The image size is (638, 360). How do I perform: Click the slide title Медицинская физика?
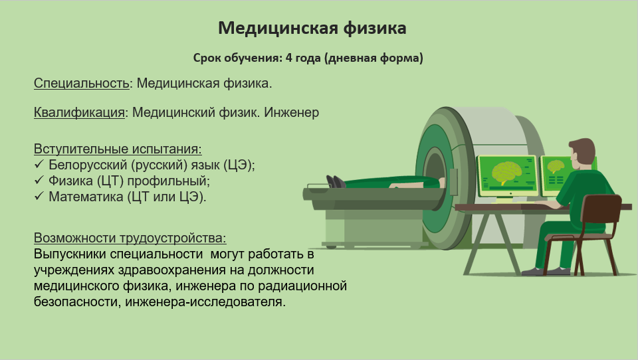coord(312,28)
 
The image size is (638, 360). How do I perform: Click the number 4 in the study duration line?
coord(289,58)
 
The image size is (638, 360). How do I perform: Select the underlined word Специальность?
coord(81,83)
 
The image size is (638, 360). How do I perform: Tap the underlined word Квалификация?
coord(79,112)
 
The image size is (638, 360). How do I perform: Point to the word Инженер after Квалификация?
coord(291,112)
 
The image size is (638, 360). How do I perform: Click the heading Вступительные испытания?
coord(118,149)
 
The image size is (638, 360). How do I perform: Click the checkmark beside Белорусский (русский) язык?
coord(39,164)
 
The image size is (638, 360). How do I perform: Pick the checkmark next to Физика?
coord(39,180)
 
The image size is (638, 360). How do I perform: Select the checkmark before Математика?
coord(39,196)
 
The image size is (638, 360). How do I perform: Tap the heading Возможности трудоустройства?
coord(130,238)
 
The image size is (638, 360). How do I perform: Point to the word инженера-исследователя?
coord(205,302)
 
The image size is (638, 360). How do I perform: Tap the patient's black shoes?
coord(336,181)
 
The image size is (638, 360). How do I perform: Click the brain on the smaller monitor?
coord(556,167)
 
